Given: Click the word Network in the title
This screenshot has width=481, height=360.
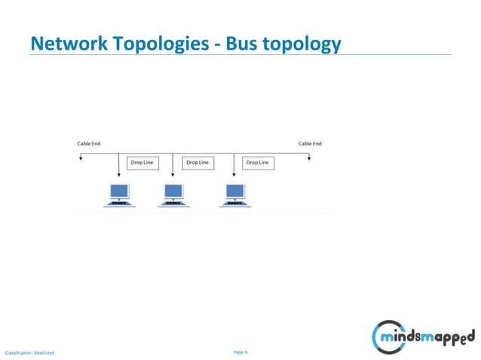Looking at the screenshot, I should pos(66,44).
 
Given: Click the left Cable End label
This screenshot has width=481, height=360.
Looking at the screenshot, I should pos(89,143).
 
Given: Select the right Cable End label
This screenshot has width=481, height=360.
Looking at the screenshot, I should pos(310,143).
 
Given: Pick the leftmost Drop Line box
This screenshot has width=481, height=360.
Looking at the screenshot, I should pos(142,163).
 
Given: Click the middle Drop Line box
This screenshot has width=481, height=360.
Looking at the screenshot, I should pos(198,163).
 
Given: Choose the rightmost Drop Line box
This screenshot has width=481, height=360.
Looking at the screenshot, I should pos(258,163).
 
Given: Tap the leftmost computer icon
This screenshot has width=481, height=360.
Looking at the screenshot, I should pos(118,194).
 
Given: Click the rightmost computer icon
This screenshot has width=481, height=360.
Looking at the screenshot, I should pos(234,194).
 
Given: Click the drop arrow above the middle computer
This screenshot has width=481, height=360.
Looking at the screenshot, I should pos(173,173).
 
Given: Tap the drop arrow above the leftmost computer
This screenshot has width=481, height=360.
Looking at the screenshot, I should pos(118,173).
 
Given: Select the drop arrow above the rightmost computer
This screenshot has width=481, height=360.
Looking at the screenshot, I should pos(234,173).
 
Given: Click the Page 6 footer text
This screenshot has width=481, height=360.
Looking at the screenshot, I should pos(240,352).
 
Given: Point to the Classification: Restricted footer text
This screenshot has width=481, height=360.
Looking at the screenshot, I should pos(29,352).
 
